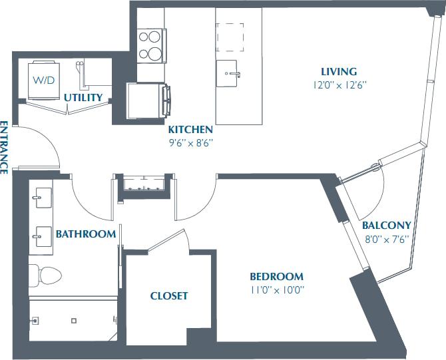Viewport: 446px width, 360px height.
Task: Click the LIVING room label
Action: (x=339, y=72)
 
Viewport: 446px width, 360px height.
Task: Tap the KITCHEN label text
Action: (x=190, y=130)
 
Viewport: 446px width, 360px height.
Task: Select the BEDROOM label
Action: (x=276, y=277)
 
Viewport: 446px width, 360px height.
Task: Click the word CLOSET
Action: (x=168, y=296)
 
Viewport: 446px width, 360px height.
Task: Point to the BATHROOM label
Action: (x=86, y=234)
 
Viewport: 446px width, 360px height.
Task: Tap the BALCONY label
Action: (x=386, y=226)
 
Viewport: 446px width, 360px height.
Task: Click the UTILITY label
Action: (x=83, y=98)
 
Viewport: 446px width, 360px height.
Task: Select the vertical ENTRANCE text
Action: (x=4, y=147)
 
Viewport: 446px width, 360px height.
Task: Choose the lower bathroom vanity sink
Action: (x=41, y=234)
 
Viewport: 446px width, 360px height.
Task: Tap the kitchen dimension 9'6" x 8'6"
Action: (x=191, y=142)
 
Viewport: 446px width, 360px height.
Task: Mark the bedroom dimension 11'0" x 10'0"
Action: (x=277, y=289)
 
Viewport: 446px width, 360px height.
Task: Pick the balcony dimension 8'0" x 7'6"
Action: (x=386, y=238)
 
